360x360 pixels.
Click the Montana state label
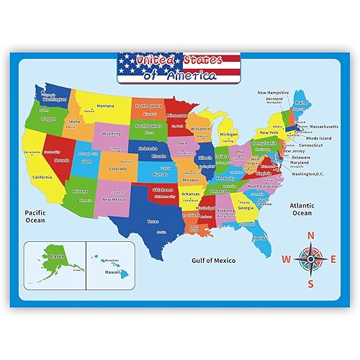(106, 106)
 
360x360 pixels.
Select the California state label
(42, 177)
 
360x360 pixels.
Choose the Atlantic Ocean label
(301, 209)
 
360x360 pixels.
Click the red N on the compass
(311, 235)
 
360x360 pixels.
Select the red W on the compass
(285, 260)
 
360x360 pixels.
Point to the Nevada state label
(60, 161)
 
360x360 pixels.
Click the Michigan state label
(228, 134)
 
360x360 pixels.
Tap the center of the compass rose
(311, 259)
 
